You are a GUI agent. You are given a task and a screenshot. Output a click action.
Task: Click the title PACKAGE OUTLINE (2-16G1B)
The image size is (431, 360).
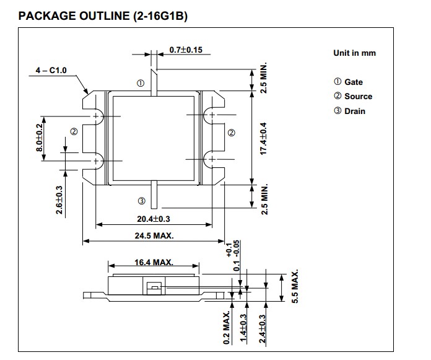pyautogui.click(x=103, y=16)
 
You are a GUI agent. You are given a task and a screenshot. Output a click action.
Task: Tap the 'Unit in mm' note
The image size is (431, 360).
pyautogui.click(x=354, y=53)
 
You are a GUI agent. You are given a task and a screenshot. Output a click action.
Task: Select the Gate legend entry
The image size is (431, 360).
pyautogui.click(x=348, y=82)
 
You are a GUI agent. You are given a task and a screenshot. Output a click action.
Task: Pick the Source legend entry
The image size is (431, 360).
pyautogui.click(x=353, y=96)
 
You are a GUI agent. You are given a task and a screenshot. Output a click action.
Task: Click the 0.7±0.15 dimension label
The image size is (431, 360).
pyautogui.click(x=186, y=50)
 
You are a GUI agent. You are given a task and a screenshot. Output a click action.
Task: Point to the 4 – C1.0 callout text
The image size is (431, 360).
pyautogui.click(x=51, y=71)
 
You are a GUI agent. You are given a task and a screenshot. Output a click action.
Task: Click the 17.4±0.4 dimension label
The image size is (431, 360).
pyautogui.click(x=264, y=138)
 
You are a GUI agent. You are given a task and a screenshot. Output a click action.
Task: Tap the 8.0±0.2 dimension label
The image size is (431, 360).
pyautogui.click(x=40, y=138)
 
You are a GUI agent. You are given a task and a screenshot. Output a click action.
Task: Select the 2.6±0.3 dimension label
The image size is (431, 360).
pyautogui.click(x=59, y=200)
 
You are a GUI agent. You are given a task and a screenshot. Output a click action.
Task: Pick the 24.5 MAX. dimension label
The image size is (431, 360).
pyautogui.click(x=154, y=235)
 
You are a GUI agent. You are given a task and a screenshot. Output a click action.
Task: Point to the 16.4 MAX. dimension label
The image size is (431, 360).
pyautogui.click(x=154, y=263)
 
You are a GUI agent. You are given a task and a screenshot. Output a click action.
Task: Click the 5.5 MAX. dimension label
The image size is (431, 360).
pyautogui.click(x=295, y=286)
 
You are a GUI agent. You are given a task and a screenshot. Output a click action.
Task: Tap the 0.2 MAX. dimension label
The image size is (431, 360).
pyautogui.click(x=227, y=328)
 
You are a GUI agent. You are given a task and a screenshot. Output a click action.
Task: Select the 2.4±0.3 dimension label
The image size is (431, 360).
pyautogui.click(x=262, y=329)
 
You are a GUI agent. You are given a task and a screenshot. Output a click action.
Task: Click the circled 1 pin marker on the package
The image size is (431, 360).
pyautogui.click(x=141, y=83)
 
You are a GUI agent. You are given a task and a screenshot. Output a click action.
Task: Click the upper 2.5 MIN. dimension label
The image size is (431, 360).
pyautogui.click(x=264, y=78)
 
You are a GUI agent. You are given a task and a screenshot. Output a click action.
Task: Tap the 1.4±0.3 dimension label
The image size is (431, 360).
pyautogui.click(x=244, y=329)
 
